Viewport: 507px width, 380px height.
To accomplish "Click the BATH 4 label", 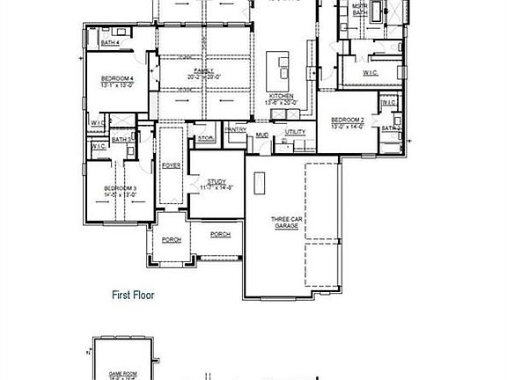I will coord(110,41).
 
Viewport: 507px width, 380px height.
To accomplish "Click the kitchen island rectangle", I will coord(278,65).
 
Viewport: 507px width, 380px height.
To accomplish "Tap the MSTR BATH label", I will coord(359,11).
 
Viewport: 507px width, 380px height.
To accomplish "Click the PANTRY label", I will coord(235,130).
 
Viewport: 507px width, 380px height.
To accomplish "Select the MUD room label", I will coord(262,135).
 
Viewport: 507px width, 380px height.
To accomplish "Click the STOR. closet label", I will coord(205,138).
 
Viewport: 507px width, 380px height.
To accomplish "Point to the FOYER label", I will coord(171,164).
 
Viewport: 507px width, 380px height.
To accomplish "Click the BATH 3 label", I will coord(122,139).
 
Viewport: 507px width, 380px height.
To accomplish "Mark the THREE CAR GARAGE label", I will coord(285,223).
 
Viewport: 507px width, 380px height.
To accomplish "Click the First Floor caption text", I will coord(132,296).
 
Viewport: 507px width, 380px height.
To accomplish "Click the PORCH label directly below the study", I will coord(220,234).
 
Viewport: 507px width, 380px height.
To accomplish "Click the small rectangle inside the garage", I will coord(261,182).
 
